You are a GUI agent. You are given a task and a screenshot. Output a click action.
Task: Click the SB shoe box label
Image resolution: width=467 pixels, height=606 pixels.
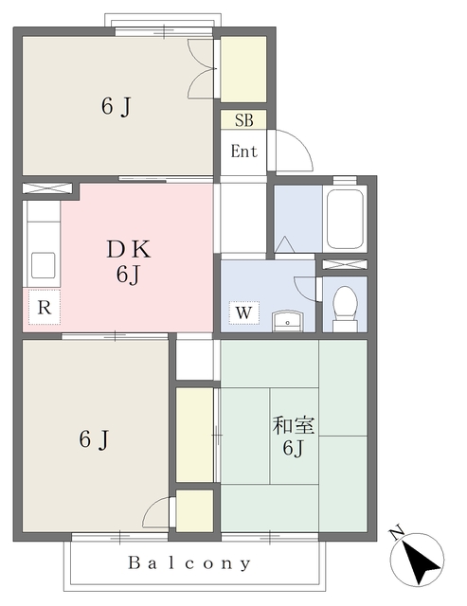(243, 120)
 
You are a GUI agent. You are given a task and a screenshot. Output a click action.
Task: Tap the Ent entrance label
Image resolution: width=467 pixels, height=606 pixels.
(243, 151)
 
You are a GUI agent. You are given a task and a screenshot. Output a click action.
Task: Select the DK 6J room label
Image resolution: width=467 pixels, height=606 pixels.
(128, 261)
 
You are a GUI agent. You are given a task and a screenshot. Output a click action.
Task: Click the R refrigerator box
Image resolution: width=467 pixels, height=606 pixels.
(45, 307)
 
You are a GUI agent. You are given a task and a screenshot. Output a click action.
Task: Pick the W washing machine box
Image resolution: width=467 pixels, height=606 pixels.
(243, 312)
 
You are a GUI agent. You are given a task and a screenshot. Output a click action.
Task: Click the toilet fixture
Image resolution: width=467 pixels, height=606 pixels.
(345, 306)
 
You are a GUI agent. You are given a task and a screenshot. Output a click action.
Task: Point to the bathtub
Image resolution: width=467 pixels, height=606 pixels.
(344, 220)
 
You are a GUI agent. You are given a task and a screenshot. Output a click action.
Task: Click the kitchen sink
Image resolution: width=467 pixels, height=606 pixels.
(43, 264)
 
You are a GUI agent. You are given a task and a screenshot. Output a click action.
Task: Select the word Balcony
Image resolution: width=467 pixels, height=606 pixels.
(190, 563)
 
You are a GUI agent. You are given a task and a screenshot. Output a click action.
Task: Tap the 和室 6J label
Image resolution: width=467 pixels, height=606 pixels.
(293, 436)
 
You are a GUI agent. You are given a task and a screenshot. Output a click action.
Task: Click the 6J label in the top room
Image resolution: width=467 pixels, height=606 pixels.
(116, 106)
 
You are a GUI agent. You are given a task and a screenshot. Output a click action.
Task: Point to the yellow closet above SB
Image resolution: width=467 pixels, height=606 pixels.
(243, 68)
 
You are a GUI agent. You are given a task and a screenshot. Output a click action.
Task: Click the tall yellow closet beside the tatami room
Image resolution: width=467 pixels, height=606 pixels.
(195, 434)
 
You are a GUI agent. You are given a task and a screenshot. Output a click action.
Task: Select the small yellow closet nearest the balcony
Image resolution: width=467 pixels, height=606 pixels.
(195, 511)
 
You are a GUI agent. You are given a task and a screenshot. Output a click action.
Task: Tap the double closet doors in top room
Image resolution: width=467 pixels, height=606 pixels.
(203, 68)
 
